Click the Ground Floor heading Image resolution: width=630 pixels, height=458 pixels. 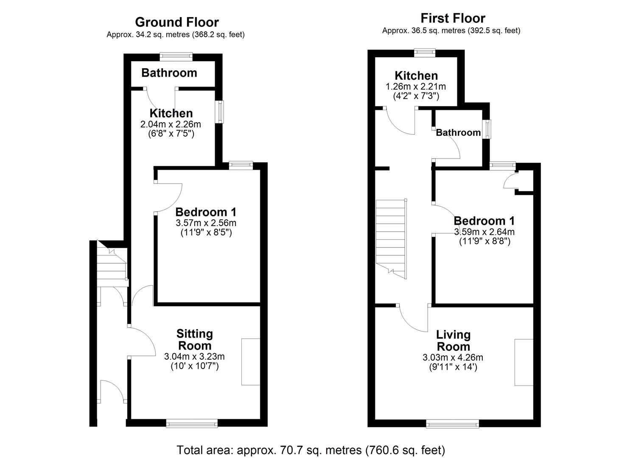[176, 22]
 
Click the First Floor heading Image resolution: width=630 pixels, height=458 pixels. [453, 18]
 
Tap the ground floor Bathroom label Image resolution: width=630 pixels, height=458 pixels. [169, 73]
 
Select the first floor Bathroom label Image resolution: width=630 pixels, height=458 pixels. [458, 132]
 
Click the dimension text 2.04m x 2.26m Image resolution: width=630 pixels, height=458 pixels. [171, 124]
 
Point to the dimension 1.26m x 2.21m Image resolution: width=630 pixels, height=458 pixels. [415, 87]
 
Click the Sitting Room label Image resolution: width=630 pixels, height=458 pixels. [195, 339]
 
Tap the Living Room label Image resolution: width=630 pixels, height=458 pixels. [453, 340]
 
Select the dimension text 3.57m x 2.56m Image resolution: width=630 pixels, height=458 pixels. [206, 223]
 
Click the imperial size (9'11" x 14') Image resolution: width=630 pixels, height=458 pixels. [453, 367]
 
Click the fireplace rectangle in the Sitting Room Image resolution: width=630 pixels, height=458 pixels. [250, 362]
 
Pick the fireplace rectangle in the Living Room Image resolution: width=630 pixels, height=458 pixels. [524, 362]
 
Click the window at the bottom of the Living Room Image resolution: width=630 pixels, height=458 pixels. [452, 423]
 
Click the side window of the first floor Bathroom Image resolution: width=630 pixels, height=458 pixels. [488, 129]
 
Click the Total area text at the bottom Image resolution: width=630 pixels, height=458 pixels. [311, 450]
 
